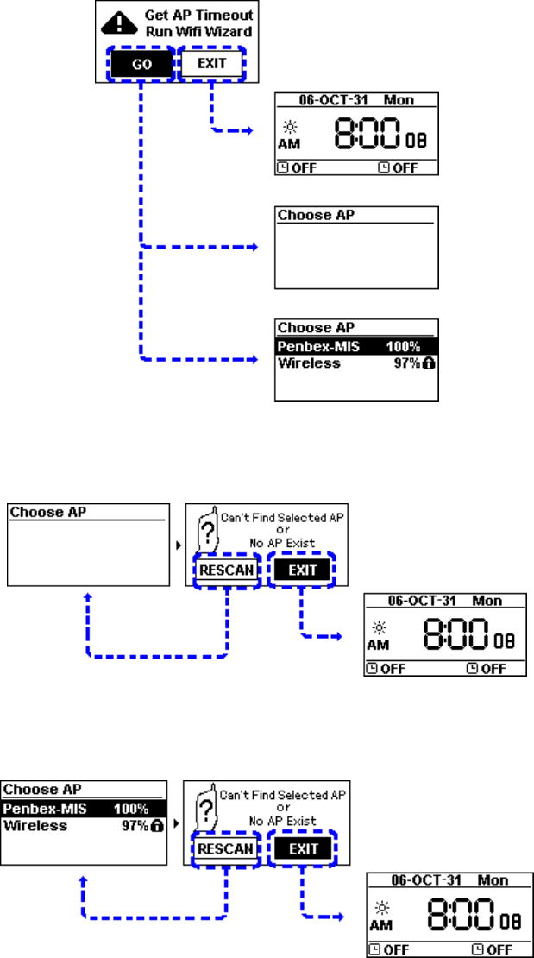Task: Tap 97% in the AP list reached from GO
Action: [x=401, y=364]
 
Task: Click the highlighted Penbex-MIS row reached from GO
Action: [x=355, y=346]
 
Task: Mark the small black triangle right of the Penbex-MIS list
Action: [x=177, y=823]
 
